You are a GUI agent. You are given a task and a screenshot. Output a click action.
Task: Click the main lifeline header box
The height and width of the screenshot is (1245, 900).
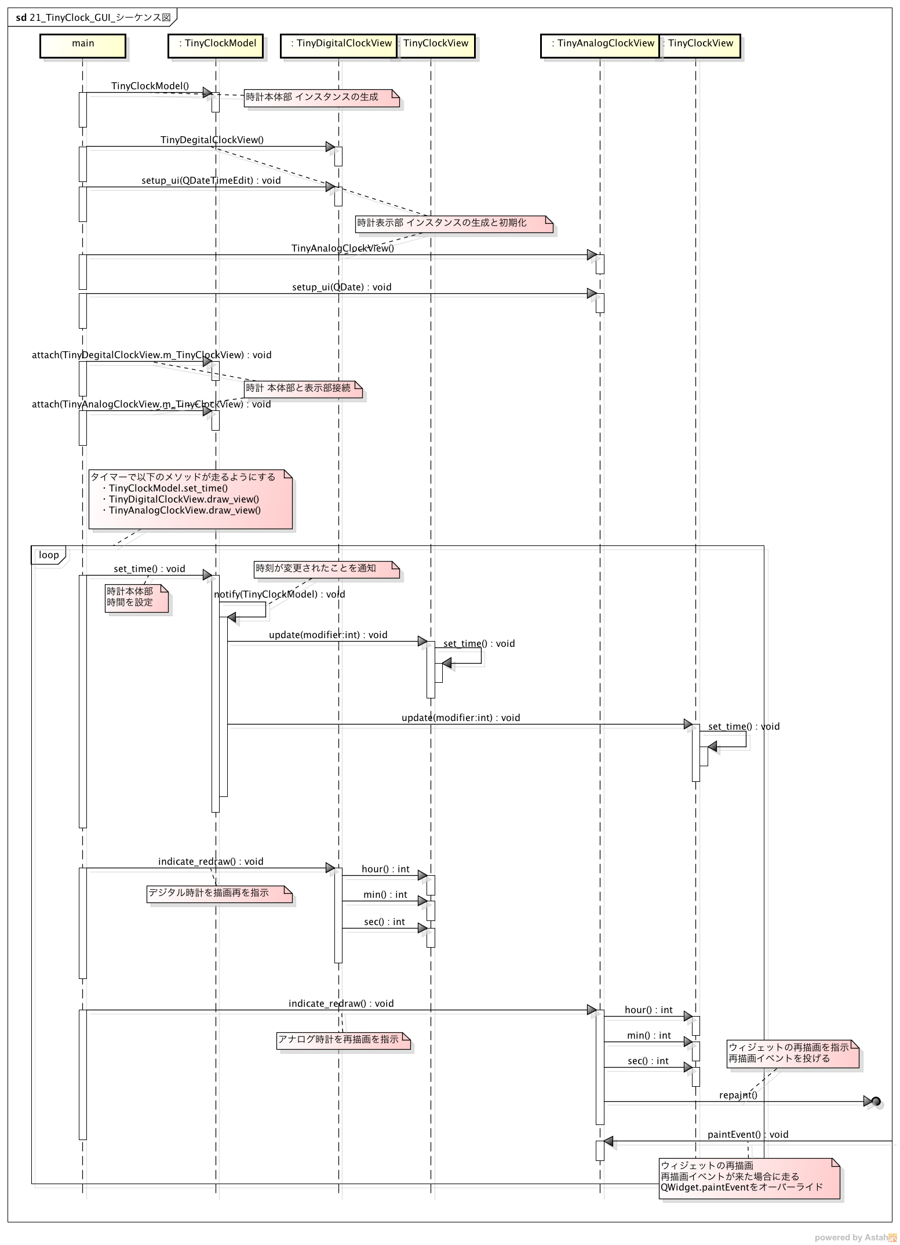click(83, 46)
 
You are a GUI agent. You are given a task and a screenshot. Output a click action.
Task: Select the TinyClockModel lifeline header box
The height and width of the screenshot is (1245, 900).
click(216, 46)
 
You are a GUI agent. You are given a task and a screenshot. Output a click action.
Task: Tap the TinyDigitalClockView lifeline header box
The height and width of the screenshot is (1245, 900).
click(338, 46)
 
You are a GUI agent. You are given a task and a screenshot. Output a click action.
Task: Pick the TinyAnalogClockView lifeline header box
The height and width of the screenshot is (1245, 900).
click(600, 46)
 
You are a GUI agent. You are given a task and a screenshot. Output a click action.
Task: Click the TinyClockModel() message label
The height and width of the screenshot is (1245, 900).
click(150, 86)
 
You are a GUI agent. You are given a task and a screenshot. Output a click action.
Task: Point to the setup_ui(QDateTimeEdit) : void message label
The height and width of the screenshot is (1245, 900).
click(211, 181)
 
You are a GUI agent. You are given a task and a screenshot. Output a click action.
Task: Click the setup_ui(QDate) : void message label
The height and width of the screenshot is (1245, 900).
click(341, 287)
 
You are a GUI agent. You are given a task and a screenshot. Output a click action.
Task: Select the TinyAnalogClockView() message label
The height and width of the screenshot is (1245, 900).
click(342, 249)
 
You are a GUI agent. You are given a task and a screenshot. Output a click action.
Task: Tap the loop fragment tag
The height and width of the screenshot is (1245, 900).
click(49, 555)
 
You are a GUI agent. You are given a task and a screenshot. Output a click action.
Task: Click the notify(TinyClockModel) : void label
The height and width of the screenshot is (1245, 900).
click(279, 595)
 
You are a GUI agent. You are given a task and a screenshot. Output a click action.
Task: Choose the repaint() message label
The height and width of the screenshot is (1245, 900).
click(738, 1095)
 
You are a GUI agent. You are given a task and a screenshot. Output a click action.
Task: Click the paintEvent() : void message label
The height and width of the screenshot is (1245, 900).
click(748, 1134)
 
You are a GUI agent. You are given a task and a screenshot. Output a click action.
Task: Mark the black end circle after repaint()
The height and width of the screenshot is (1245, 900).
click(876, 1101)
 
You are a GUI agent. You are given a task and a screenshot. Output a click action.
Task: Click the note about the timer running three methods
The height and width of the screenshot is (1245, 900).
click(190, 499)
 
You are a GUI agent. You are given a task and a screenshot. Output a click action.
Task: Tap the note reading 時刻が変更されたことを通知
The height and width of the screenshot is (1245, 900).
click(327, 569)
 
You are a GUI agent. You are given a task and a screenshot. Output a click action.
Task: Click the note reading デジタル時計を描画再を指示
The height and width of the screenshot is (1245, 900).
click(219, 893)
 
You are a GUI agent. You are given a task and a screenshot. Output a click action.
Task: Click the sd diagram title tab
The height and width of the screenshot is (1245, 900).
click(93, 18)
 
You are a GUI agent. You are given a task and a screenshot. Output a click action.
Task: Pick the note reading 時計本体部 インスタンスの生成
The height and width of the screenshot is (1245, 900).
click(322, 97)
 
